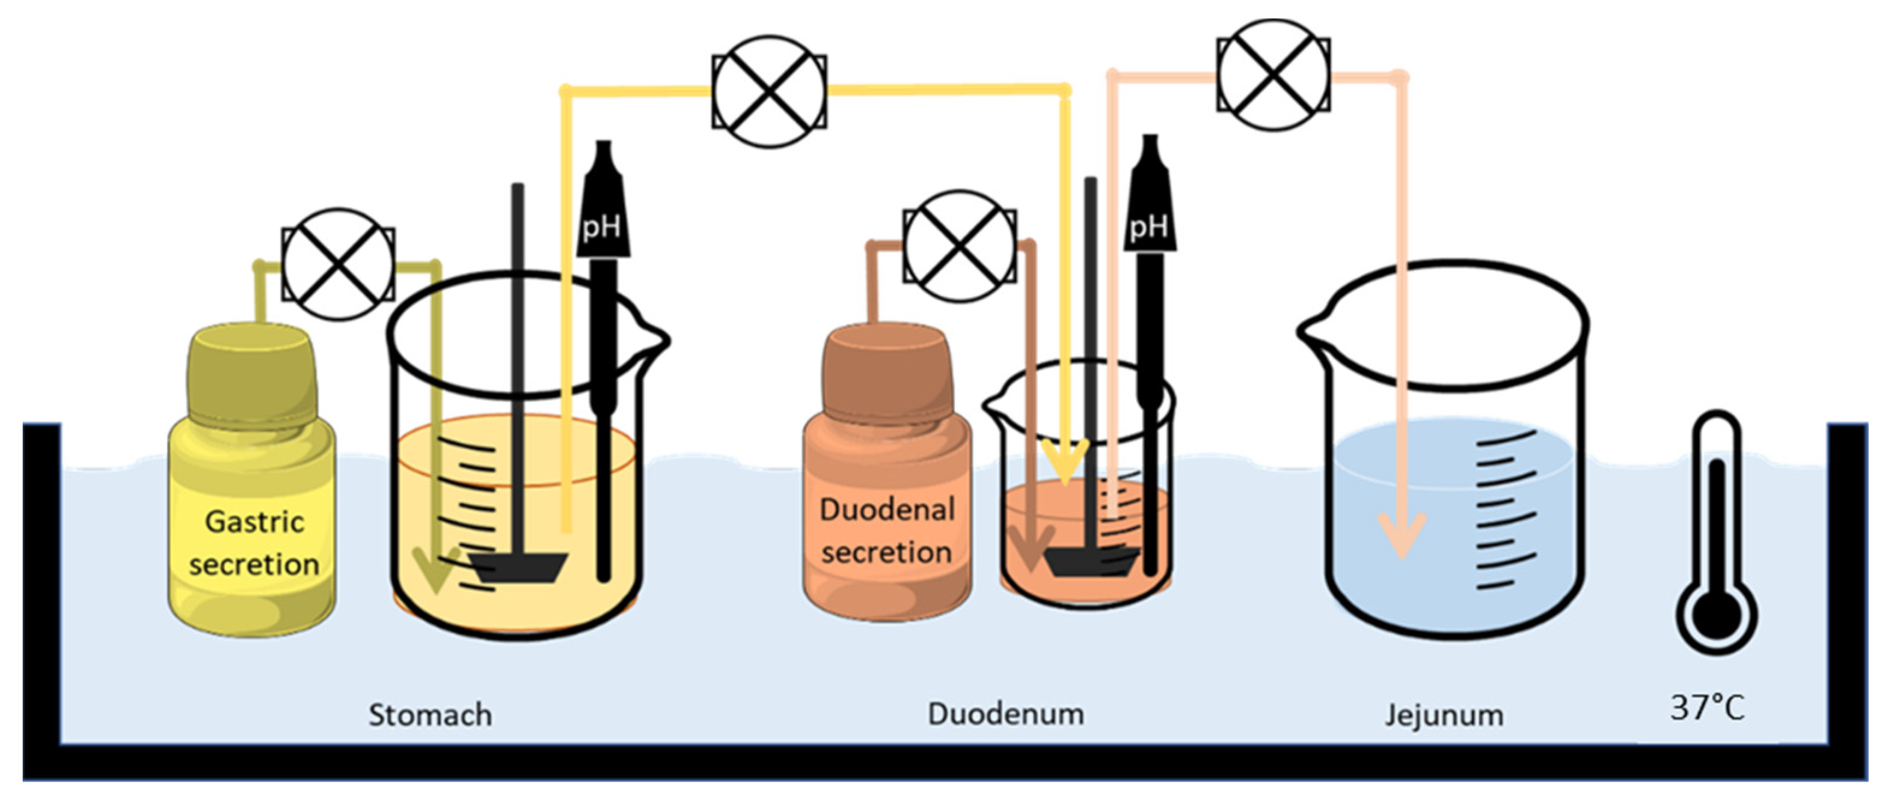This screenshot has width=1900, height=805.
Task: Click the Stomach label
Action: click(430, 715)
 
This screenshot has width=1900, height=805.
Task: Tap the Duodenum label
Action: click(1005, 714)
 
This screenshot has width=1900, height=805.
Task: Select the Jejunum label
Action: click(1444, 715)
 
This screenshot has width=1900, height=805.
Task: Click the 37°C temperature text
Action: click(1708, 708)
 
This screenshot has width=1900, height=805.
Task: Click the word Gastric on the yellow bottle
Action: click(254, 522)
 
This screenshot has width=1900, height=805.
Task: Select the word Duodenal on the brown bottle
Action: click(887, 509)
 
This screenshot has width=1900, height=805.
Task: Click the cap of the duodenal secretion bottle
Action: click(885, 369)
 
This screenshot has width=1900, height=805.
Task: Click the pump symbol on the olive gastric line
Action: click(339, 264)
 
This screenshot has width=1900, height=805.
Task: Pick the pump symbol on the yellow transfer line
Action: click(768, 91)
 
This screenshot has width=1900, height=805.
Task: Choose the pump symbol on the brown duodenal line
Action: click(960, 246)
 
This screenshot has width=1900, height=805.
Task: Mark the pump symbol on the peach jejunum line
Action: click(1274, 74)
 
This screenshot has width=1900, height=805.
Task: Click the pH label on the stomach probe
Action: click(601, 228)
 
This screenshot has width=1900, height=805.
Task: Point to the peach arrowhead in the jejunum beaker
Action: click(1402, 535)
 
